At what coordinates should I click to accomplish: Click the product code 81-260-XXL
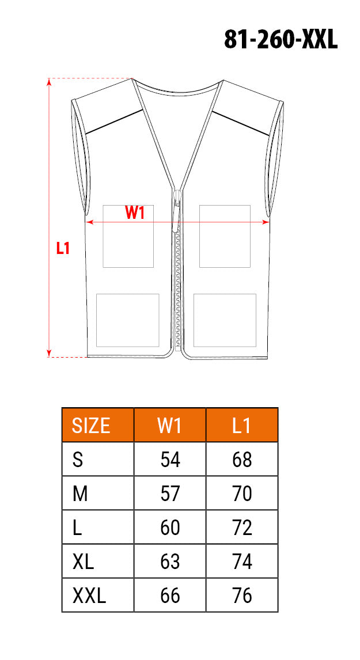click(x=281, y=40)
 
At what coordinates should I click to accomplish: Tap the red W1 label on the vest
click(x=135, y=213)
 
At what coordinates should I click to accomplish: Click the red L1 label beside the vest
click(x=63, y=248)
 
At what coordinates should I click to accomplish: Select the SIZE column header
click(x=92, y=426)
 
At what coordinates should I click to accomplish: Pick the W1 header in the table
click(x=169, y=426)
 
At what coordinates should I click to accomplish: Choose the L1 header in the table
click(x=242, y=426)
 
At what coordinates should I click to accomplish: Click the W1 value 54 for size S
click(x=170, y=460)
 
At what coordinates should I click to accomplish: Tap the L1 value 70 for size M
click(x=242, y=494)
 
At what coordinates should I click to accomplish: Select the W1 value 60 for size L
click(x=170, y=528)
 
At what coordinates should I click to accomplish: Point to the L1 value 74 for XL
click(x=242, y=562)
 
